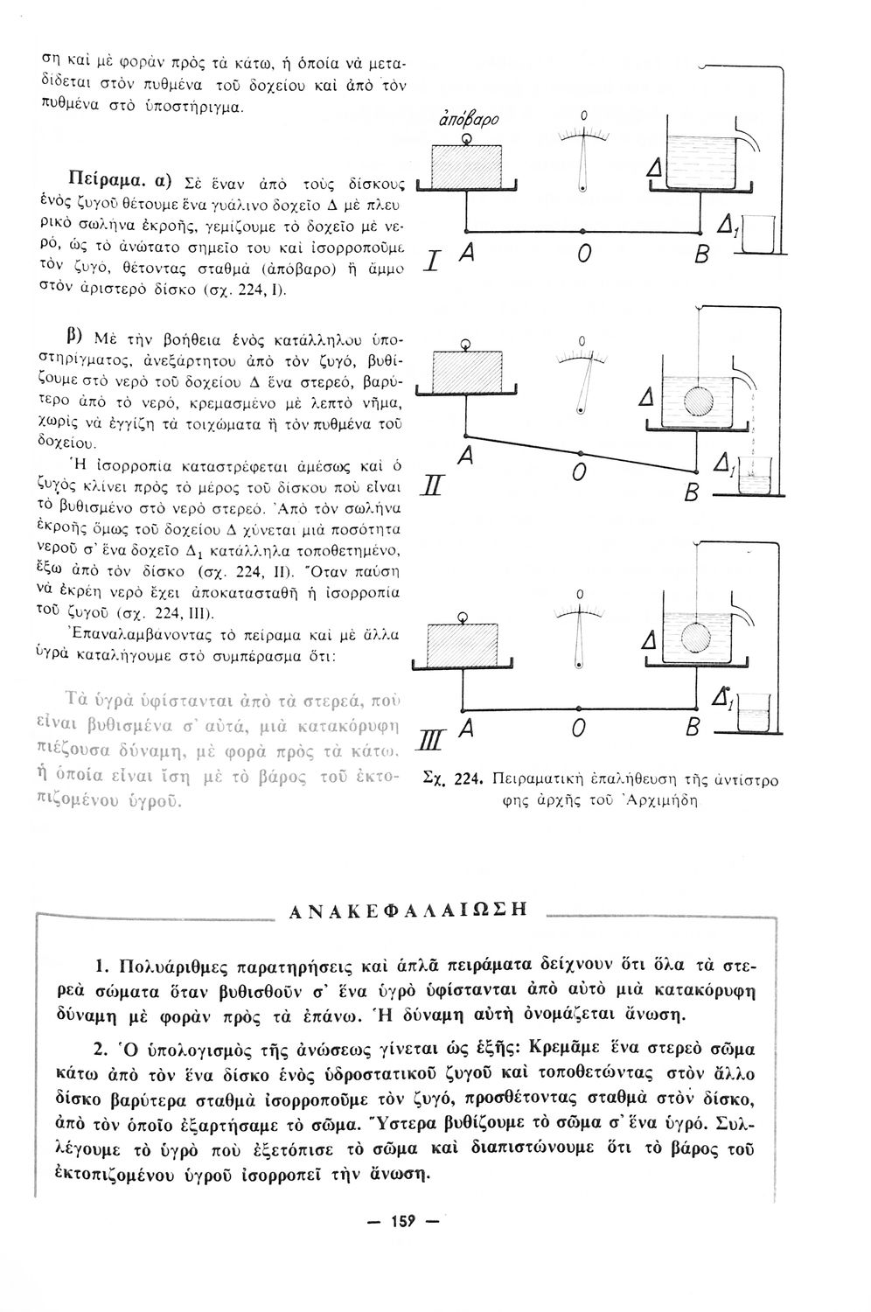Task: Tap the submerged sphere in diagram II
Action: [x=699, y=401]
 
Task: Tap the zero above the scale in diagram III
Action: [x=580, y=595]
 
